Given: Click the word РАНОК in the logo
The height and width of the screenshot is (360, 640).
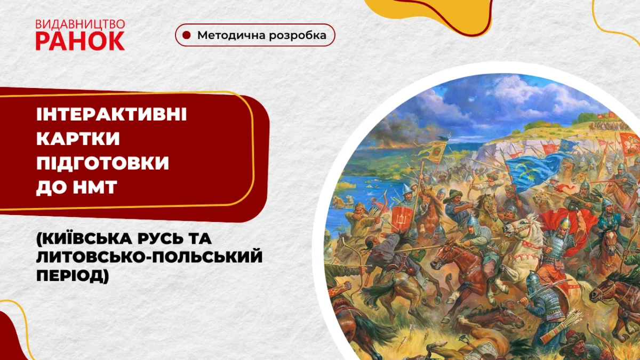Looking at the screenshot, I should click(x=80, y=41).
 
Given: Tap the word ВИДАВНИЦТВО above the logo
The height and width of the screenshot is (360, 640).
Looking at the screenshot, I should click(x=80, y=24).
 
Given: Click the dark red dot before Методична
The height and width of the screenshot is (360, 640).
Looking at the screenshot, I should click(x=186, y=35).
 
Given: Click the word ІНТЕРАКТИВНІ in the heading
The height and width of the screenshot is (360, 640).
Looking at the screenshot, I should click(x=111, y=115).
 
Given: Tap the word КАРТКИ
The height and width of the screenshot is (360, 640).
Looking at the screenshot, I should click(x=78, y=139).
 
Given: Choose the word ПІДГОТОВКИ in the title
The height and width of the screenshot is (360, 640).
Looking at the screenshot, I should click(x=102, y=164).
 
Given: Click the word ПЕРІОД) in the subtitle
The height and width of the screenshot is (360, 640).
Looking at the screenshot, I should click(x=73, y=277).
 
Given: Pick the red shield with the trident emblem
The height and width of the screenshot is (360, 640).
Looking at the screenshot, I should click(x=402, y=217).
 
